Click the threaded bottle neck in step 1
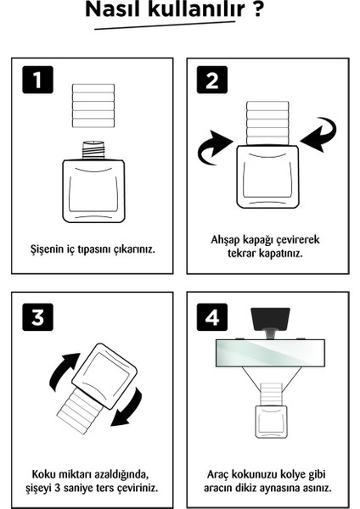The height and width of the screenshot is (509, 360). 93,149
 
